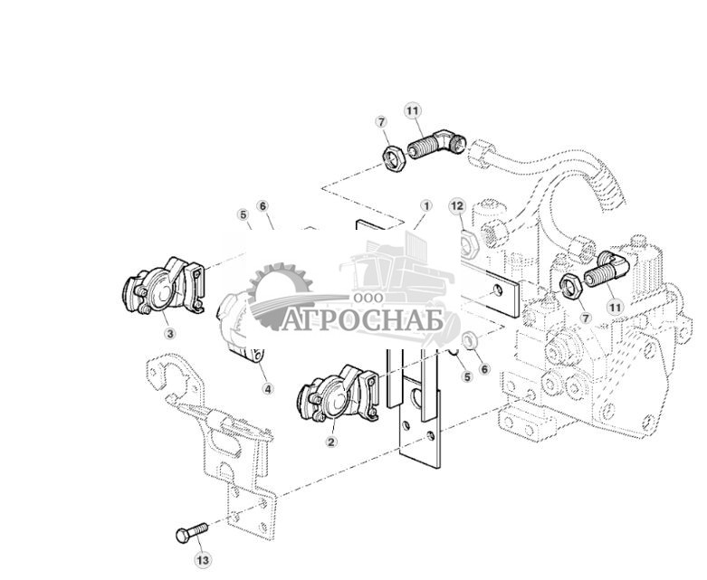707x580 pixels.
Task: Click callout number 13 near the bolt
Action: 203,560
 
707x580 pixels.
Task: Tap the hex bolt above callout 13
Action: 192,532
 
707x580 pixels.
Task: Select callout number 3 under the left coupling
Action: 170,334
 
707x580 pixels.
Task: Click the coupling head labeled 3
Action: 164,286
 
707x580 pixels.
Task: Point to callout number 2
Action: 331,442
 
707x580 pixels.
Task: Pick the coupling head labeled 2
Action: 339,393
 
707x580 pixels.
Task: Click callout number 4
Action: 268,388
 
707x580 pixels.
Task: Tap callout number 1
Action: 425,206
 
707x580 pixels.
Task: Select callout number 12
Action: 457,206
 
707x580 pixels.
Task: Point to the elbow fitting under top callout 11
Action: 437,144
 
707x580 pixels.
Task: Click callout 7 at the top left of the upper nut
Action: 381,121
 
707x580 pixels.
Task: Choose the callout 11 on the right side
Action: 615,308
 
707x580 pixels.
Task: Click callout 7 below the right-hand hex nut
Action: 585,319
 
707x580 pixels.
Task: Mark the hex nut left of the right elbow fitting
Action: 572,285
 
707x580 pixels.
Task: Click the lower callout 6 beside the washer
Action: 484,369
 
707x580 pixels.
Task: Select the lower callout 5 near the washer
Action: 467,376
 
